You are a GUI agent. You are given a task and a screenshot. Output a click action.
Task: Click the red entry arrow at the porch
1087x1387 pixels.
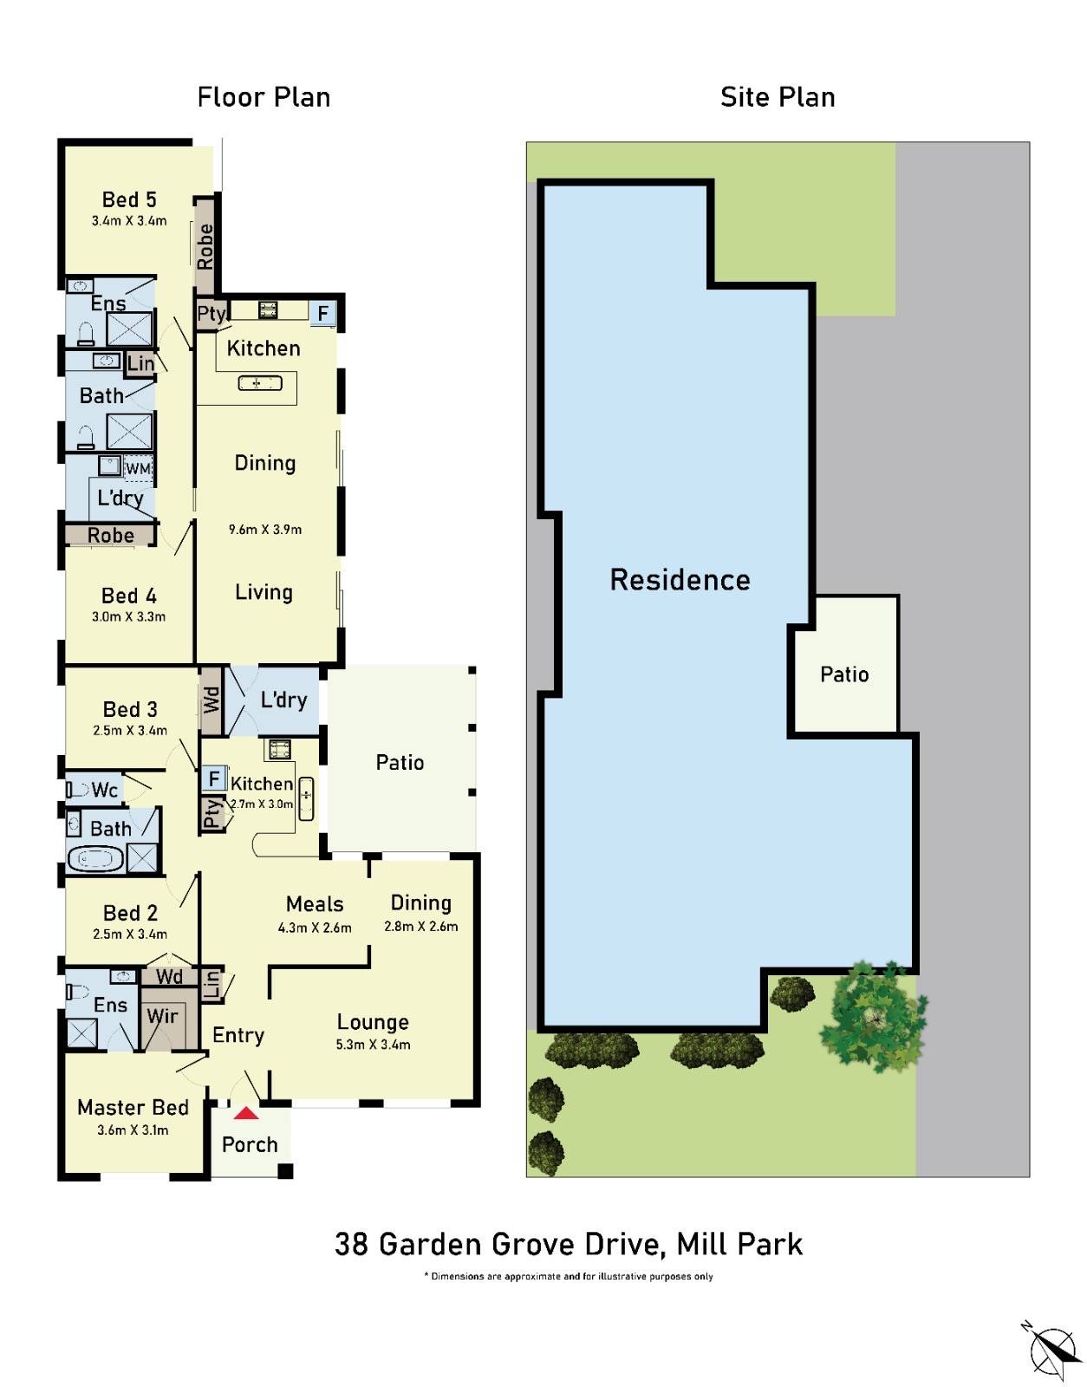(x=246, y=1113)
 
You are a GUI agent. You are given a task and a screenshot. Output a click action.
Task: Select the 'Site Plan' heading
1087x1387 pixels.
(x=778, y=97)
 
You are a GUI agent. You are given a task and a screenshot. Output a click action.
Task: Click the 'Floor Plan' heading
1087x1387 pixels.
(x=264, y=97)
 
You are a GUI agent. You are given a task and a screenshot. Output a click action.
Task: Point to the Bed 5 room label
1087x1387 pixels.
(x=129, y=200)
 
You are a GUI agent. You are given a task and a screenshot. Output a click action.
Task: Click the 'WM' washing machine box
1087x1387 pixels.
(x=138, y=469)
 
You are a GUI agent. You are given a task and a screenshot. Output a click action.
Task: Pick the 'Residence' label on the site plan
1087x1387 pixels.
(x=680, y=580)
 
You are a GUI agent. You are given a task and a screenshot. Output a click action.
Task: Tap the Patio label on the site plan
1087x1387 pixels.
(x=844, y=674)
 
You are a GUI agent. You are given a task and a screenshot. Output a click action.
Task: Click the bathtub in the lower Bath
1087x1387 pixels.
(x=95, y=859)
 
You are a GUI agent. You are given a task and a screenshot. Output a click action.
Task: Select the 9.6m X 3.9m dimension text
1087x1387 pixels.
(x=265, y=529)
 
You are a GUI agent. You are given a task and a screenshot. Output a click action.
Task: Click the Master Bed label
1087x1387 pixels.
(x=133, y=1108)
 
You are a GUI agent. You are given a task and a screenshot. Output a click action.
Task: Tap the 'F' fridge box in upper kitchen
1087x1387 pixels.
(x=323, y=313)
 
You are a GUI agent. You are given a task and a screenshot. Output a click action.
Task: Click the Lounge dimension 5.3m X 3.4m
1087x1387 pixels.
(x=373, y=1045)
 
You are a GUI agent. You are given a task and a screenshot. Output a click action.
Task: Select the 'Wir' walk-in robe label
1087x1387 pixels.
(x=162, y=1016)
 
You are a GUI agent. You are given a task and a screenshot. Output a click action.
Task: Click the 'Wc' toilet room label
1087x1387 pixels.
(x=104, y=790)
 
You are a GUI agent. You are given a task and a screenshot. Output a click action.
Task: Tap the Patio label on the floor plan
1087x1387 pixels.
(x=400, y=763)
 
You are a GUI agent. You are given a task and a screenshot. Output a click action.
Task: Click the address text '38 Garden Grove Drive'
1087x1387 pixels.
(x=498, y=1245)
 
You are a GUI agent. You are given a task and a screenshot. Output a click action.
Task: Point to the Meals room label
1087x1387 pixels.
(x=315, y=904)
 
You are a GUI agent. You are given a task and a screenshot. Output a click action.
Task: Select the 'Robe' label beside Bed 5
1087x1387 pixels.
(x=205, y=247)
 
